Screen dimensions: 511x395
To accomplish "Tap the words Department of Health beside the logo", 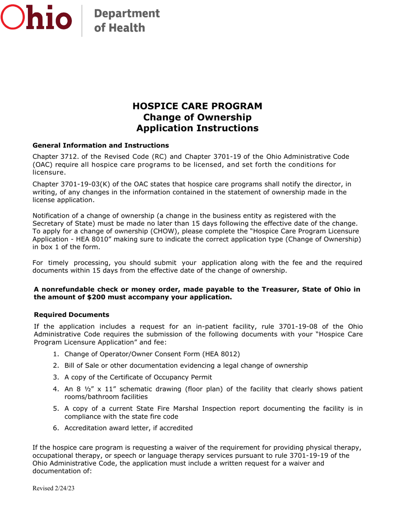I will tap(126, 20).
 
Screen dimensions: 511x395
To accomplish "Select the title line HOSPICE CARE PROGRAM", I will tap(197, 106).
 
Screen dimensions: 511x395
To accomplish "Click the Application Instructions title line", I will tap(197, 128).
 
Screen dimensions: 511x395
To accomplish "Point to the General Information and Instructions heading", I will tap(101, 145).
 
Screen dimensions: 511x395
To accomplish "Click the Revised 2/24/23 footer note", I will tap(53, 489).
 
